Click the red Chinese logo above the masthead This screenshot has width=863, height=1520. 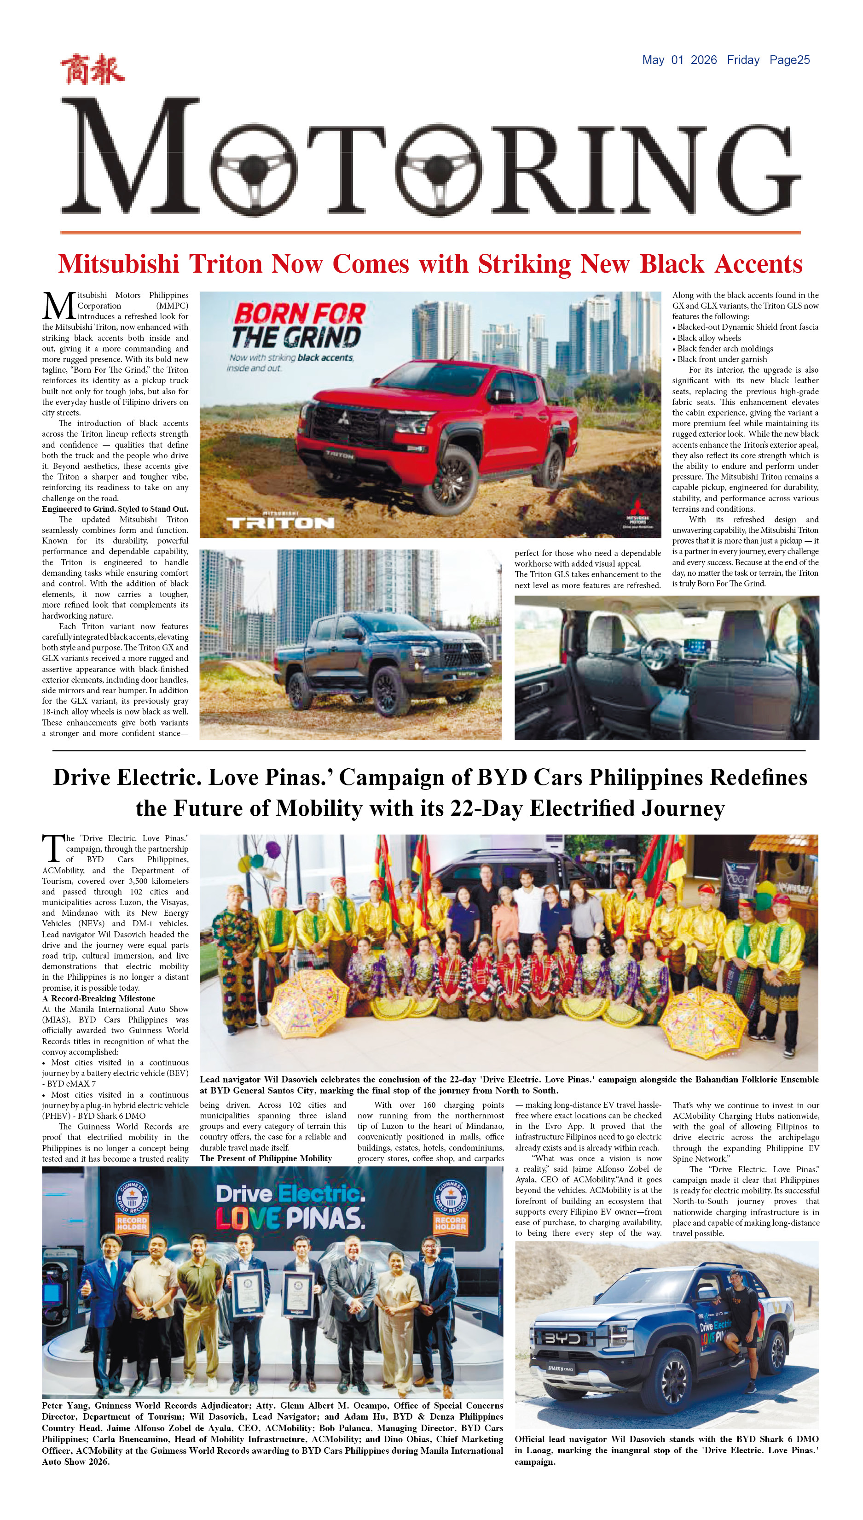(x=92, y=70)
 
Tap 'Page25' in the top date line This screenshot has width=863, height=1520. (x=789, y=60)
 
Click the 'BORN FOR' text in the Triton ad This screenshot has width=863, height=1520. (x=299, y=314)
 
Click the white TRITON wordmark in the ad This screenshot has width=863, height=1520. (x=280, y=522)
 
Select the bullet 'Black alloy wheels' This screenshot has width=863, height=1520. (x=709, y=338)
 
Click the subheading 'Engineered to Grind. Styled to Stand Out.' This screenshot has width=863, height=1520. (x=115, y=509)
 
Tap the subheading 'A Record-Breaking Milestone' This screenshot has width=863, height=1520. (x=98, y=998)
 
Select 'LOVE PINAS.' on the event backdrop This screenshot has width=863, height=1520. (x=290, y=1218)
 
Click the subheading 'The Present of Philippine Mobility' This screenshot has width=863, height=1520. (x=266, y=1158)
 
